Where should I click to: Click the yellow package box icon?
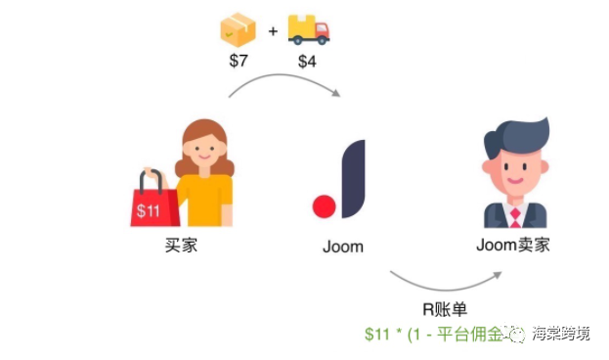click(x=239, y=30)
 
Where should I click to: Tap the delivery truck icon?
click(x=309, y=30)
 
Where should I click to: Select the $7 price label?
click(x=239, y=63)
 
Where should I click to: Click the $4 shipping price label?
click(x=308, y=63)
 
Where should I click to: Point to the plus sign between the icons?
click(x=273, y=32)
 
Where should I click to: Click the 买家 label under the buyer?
click(x=182, y=246)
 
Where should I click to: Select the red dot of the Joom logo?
click(x=324, y=206)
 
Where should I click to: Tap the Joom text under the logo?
click(x=342, y=247)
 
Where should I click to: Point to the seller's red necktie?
click(x=515, y=212)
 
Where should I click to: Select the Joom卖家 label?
click(x=513, y=244)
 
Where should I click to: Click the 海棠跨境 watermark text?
click(x=561, y=335)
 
